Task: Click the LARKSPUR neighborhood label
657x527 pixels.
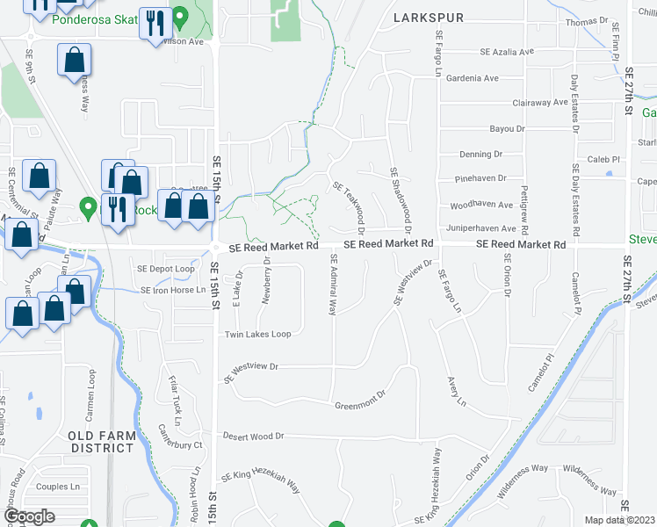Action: [x=427, y=17]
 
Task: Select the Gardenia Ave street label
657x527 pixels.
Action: [x=473, y=78]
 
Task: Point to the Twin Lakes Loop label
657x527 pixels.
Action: [x=258, y=335]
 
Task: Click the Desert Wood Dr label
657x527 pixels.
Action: [x=254, y=436]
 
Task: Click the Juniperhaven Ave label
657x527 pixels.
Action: [x=481, y=228]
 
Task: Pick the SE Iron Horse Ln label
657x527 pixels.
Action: [x=173, y=290]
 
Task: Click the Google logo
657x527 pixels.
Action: [x=29, y=516]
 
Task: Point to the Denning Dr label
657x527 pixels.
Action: [x=480, y=154]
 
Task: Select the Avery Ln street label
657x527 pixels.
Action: [x=455, y=392]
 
